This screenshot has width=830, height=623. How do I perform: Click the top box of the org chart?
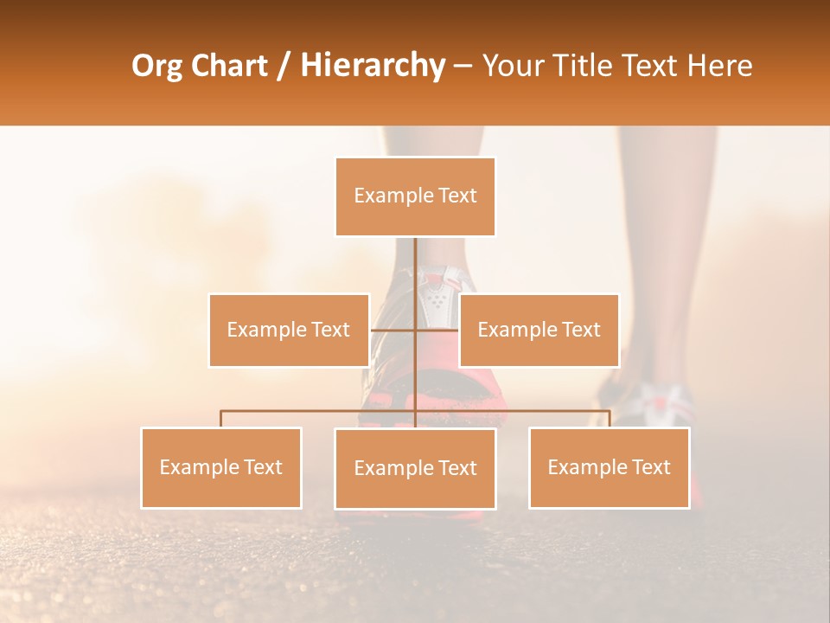[x=415, y=196]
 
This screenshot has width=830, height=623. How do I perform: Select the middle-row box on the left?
[x=289, y=330]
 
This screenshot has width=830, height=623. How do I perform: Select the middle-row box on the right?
[x=539, y=330]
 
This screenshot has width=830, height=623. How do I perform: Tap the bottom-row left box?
[x=221, y=467]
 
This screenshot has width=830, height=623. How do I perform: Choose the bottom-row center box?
[x=415, y=468]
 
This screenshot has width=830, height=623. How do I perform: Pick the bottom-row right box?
[x=609, y=467]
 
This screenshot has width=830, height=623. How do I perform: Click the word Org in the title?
[x=157, y=66]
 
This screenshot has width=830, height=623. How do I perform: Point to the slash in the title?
[x=284, y=66]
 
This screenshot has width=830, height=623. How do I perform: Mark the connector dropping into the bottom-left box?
[x=221, y=419]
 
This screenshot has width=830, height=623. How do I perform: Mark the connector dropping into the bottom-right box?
[x=610, y=419]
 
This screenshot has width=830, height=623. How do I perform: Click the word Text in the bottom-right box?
[x=650, y=467]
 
